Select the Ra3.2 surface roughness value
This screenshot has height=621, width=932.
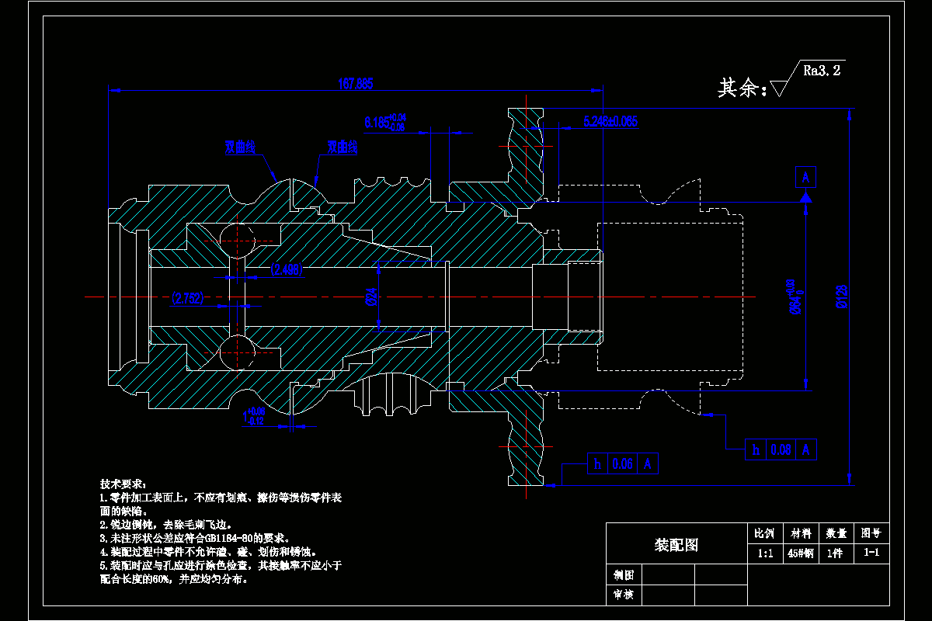822,71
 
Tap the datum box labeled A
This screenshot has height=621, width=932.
805,178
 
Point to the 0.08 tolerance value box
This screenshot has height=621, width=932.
780,449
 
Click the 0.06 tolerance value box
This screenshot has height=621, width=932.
622,463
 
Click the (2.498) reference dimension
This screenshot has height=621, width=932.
287,269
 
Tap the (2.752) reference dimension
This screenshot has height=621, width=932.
187,299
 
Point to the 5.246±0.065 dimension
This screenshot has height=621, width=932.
610,121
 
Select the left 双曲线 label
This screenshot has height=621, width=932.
240,146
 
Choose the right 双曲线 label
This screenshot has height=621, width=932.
342,146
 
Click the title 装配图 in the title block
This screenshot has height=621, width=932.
676,545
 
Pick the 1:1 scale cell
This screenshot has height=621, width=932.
765,553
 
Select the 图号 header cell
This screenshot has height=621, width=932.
871,533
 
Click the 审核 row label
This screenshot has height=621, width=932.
624,595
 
